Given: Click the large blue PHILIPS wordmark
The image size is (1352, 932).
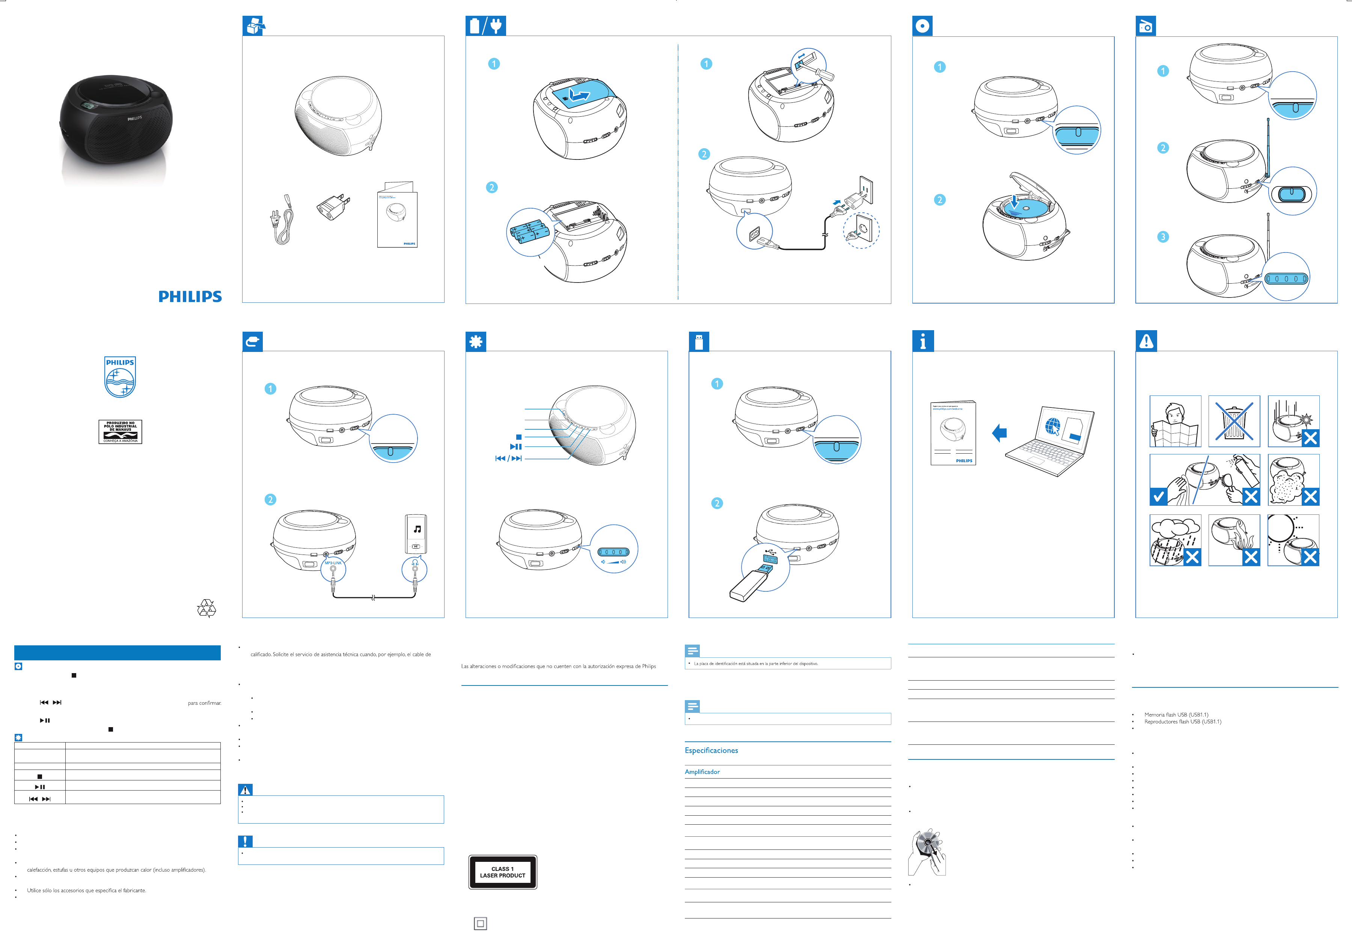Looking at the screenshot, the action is coord(190,297).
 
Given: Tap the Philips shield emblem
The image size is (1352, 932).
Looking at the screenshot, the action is coord(120,377).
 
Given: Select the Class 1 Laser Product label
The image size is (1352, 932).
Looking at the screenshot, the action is coord(502,872).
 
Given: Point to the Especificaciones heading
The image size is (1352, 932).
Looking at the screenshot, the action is coord(711,750).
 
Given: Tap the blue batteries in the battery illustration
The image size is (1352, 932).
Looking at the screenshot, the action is coord(529,231).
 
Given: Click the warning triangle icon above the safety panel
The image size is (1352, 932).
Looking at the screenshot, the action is coord(1146,340).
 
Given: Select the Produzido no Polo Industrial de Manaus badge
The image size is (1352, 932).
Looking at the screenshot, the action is coord(120,431).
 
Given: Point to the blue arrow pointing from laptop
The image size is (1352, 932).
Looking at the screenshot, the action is coord(999,433).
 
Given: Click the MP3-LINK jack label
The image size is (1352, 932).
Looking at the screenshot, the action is coord(333,563).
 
